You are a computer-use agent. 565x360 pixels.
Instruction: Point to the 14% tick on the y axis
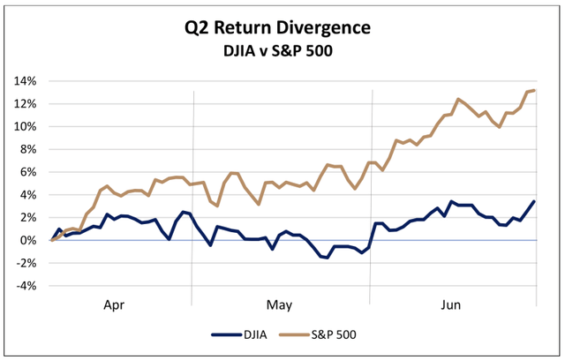[x=26, y=81]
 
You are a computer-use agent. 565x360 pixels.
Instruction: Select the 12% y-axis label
[x=26, y=104]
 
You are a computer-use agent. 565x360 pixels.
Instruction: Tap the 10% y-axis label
[x=26, y=127]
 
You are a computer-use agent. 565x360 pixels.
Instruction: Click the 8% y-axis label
[x=28, y=149]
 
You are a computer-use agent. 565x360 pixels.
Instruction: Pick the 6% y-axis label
[x=28, y=172]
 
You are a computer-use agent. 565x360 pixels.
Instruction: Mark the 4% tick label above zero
[x=28, y=195]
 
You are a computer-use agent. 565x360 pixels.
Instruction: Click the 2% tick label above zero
[x=28, y=218]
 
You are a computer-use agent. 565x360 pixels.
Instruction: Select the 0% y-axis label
[x=28, y=241]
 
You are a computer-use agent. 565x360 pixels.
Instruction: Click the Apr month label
[x=115, y=304]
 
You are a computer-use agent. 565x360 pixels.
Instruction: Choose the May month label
[x=280, y=304]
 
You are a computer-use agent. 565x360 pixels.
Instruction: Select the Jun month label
[x=451, y=304]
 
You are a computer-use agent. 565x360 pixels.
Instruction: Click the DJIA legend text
[x=254, y=334]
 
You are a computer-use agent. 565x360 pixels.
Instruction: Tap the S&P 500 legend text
[x=335, y=334]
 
